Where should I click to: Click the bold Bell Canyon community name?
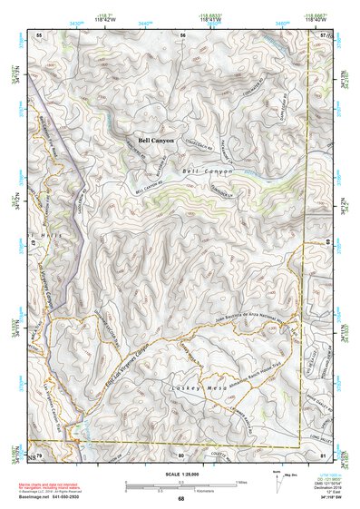[x=156, y=141]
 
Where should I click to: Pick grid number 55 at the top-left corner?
[x=39, y=34]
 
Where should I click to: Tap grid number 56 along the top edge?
[x=183, y=34]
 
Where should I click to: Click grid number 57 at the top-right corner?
[x=324, y=34]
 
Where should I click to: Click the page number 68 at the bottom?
[x=181, y=498]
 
